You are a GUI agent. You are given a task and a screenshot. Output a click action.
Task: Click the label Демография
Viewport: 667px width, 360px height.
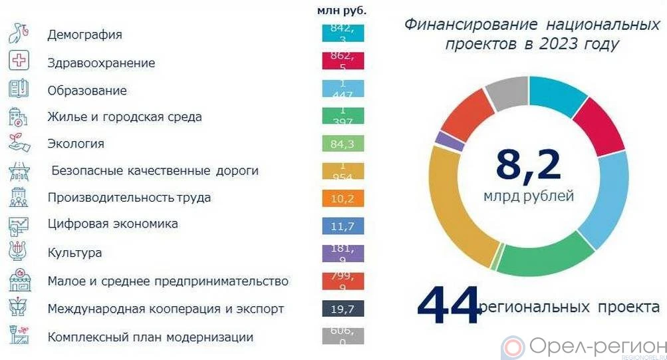pyautogui.click(x=84, y=35)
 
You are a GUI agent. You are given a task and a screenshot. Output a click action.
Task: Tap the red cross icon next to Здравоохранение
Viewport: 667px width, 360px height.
pyautogui.click(x=18, y=61)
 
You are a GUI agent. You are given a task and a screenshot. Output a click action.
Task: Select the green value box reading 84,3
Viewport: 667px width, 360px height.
pyautogui.click(x=342, y=144)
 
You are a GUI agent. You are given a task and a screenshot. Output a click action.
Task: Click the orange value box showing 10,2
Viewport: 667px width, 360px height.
pyautogui.click(x=342, y=198)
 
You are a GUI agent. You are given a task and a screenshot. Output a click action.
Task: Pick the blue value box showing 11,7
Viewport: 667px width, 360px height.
pyautogui.click(x=342, y=226)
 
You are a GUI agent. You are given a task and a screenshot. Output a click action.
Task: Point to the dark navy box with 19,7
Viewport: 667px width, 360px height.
pyautogui.click(x=342, y=308)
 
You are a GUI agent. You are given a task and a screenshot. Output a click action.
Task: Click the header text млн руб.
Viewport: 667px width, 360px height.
pyautogui.click(x=342, y=11)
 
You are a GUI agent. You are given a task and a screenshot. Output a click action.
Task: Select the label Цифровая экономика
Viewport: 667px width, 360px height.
pyautogui.click(x=112, y=224)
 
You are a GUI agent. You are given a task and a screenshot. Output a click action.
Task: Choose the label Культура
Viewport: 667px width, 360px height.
pyautogui.click(x=74, y=253)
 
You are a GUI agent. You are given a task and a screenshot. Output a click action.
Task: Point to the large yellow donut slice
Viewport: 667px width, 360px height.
pyautogui.click(x=452, y=213)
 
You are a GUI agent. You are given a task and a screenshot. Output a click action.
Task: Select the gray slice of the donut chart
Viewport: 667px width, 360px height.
pyautogui.click(x=507, y=94)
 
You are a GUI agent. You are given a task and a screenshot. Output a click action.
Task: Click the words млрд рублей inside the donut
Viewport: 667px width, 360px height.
pyautogui.click(x=529, y=197)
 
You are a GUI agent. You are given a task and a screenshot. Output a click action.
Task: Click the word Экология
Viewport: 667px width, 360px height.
pyautogui.click(x=76, y=144)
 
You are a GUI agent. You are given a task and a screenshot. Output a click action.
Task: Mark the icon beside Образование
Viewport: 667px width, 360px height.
pyautogui.click(x=18, y=89)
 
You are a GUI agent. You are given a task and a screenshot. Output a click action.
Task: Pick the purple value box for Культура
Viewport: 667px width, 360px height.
pyautogui.click(x=342, y=254)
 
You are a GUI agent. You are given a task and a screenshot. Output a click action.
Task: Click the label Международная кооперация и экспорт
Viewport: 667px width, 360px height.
pyautogui.click(x=166, y=309)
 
